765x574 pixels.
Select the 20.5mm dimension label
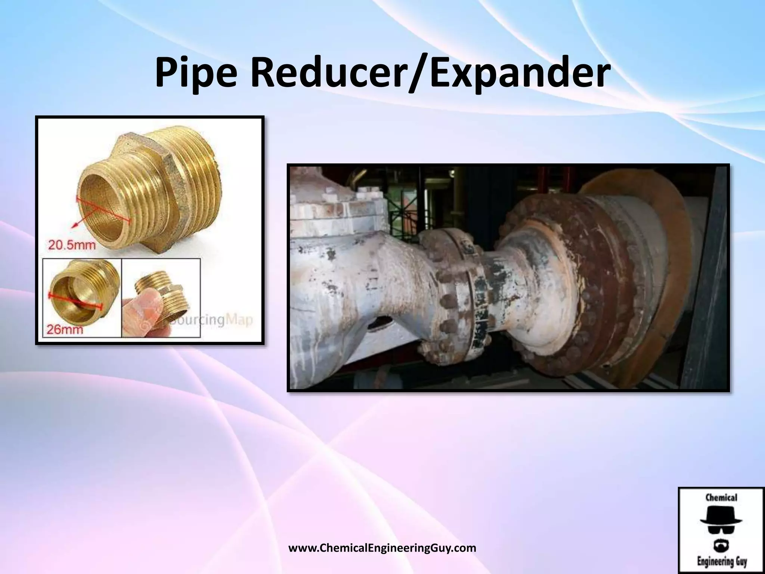(x=71, y=245)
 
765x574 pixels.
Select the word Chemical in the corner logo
(x=721, y=497)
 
